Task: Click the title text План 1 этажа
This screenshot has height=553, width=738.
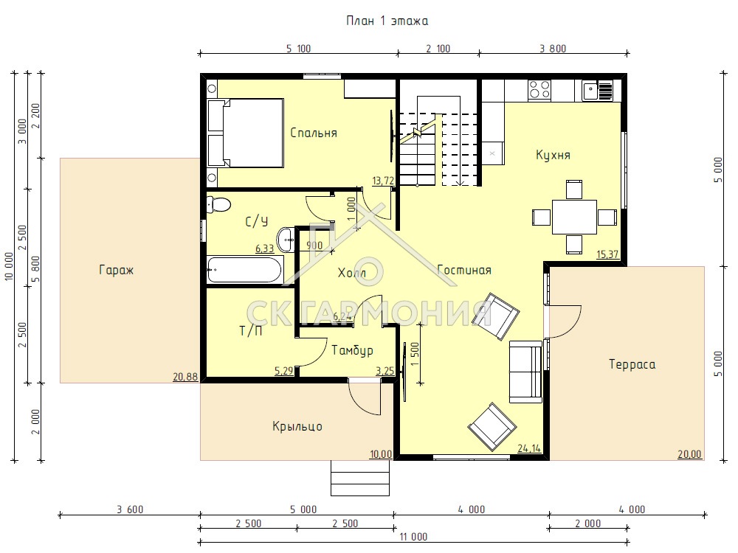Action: (387, 21)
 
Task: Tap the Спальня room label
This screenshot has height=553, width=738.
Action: (314, 133)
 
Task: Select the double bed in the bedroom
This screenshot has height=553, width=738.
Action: (246, 133)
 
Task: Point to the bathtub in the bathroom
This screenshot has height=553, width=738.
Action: (244, 269)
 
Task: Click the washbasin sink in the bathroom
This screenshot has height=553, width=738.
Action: (286, 240)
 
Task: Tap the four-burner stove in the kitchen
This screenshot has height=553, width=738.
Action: (539, 89)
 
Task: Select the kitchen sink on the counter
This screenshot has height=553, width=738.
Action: (597, 90)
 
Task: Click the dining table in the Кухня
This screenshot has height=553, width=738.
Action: (574, 217)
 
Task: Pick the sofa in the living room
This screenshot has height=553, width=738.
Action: (525, 372)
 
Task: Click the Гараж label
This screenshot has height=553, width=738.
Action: (117, 271)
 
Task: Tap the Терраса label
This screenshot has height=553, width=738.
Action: (632, 364)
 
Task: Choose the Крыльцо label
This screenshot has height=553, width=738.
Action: (297, 426)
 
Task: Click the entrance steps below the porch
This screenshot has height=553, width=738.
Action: (361, 478)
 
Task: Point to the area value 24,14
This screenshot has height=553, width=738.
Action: (529, 448)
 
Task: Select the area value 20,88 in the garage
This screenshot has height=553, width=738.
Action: (185, 377)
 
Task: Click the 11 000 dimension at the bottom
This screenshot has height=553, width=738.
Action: (413, 537)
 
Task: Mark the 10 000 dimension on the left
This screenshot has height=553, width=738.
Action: (10, 267)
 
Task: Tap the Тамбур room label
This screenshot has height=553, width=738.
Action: (353, 350)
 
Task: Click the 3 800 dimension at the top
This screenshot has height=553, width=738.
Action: (553, 49)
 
